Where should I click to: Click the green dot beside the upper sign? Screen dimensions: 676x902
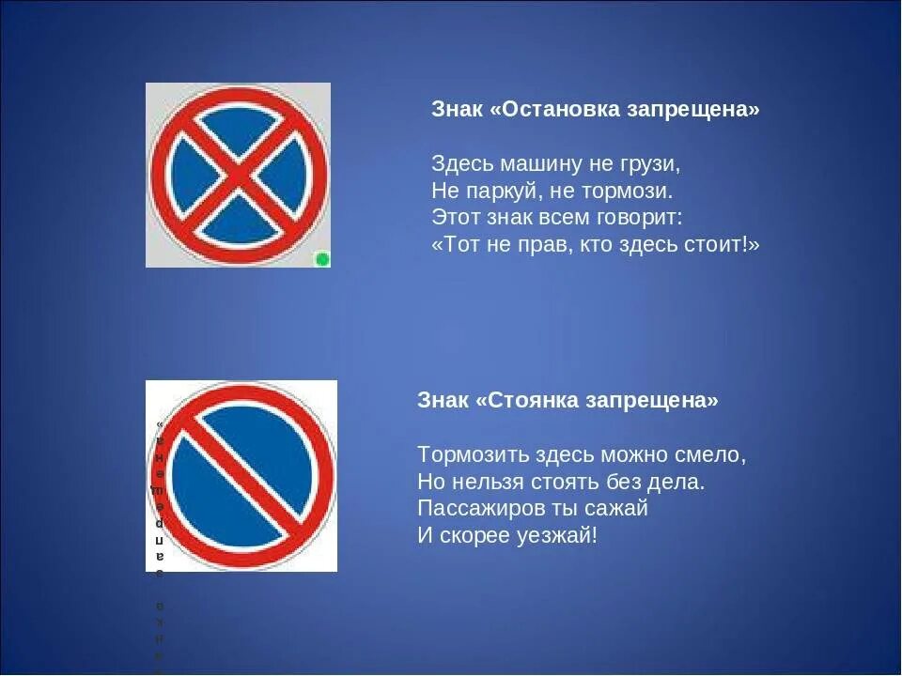322,259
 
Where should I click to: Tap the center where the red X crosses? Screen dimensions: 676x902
239,175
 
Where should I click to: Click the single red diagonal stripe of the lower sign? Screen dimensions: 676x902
241,476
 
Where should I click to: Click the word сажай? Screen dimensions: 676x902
620,509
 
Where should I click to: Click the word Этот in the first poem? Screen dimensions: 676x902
454,218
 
